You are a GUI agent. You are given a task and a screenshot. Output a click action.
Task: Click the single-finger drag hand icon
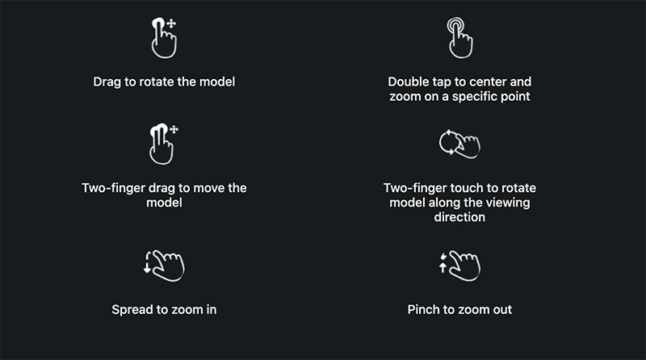point(164,38)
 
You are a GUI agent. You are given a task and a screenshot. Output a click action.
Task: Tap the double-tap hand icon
point(459,38)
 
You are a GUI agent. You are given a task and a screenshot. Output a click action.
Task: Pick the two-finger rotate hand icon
point(459,144)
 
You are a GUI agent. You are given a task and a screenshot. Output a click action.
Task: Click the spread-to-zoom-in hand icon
point(164,266)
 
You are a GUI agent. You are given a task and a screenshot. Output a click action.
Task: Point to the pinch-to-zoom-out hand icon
point(459,266)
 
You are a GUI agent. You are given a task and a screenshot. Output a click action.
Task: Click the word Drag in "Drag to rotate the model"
point(107,82)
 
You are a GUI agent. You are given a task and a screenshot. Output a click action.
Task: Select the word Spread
point(132,310)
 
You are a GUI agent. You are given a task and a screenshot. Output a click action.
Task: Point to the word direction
point(459,217)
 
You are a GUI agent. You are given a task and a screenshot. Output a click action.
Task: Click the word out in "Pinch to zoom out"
point(502,310)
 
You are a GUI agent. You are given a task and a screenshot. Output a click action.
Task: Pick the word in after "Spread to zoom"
point(212,309)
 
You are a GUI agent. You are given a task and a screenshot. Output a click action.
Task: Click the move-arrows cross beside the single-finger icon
point(171,23)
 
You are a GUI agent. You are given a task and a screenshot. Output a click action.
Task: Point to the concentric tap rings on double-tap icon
point(455,25)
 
